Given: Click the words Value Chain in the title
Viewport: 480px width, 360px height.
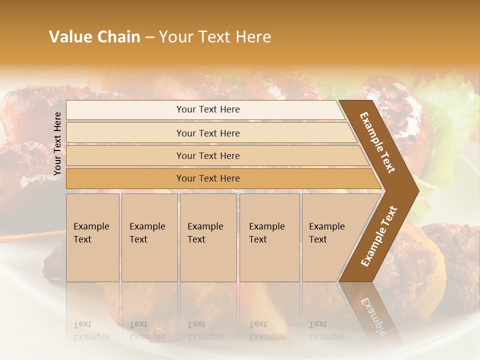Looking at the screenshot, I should (94, 37).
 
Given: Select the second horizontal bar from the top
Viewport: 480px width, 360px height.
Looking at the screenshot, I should (207, 133).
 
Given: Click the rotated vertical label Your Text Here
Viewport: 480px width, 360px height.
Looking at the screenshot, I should (57, 144).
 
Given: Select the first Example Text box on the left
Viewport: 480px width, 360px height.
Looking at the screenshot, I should (92, 237).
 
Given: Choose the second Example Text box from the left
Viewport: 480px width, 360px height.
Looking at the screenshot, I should (149, 237).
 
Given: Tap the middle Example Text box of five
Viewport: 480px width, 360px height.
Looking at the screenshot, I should (208, 237).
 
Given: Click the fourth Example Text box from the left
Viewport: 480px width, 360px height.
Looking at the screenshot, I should (269, 237).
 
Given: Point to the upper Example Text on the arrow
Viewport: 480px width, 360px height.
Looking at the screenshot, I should (377, 142).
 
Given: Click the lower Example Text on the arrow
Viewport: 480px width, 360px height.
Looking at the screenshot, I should (379, 236).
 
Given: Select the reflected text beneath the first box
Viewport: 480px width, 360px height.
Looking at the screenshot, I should (91, 330).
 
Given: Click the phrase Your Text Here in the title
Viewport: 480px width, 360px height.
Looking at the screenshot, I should (215, 37).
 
